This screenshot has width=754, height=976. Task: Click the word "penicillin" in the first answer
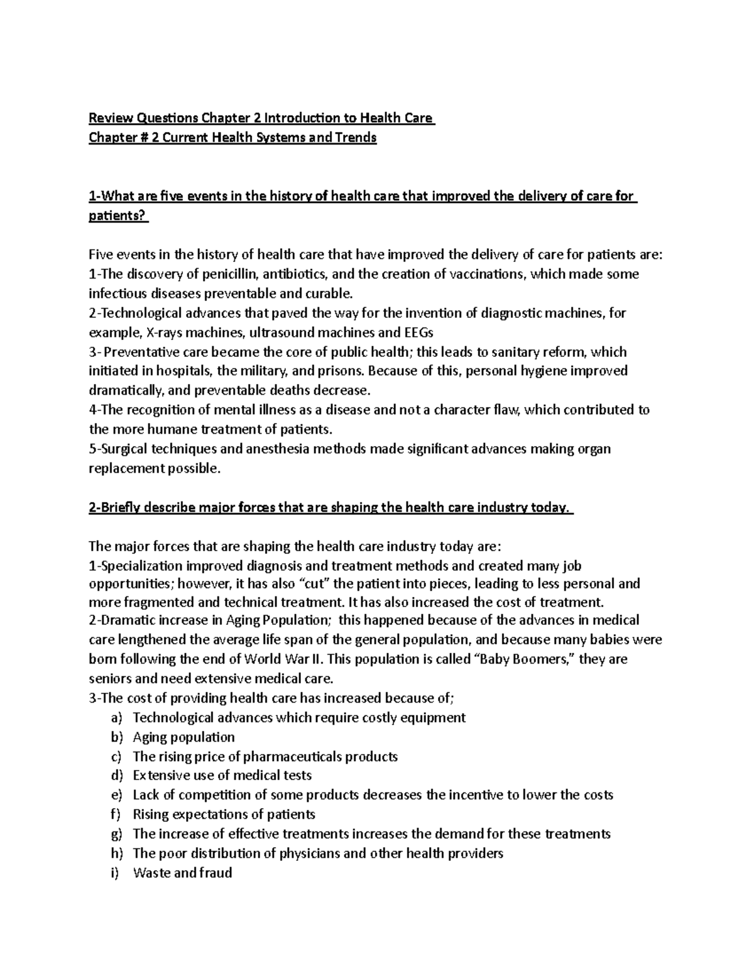coord(232,274)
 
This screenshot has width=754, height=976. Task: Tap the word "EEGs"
coord(418,332)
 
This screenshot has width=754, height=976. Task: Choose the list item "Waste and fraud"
coord(183,873)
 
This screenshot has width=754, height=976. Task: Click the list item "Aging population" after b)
coord(183,737)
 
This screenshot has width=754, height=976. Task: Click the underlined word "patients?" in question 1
coord(117,216)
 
